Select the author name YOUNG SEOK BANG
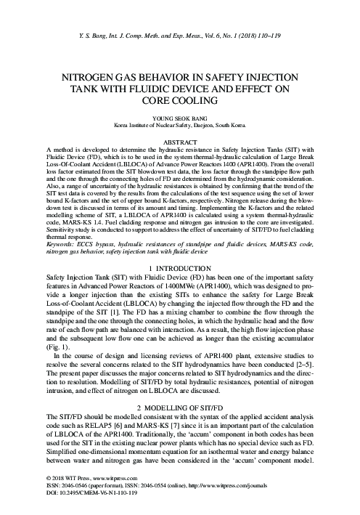pyautogui.click(x=180, y=117)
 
